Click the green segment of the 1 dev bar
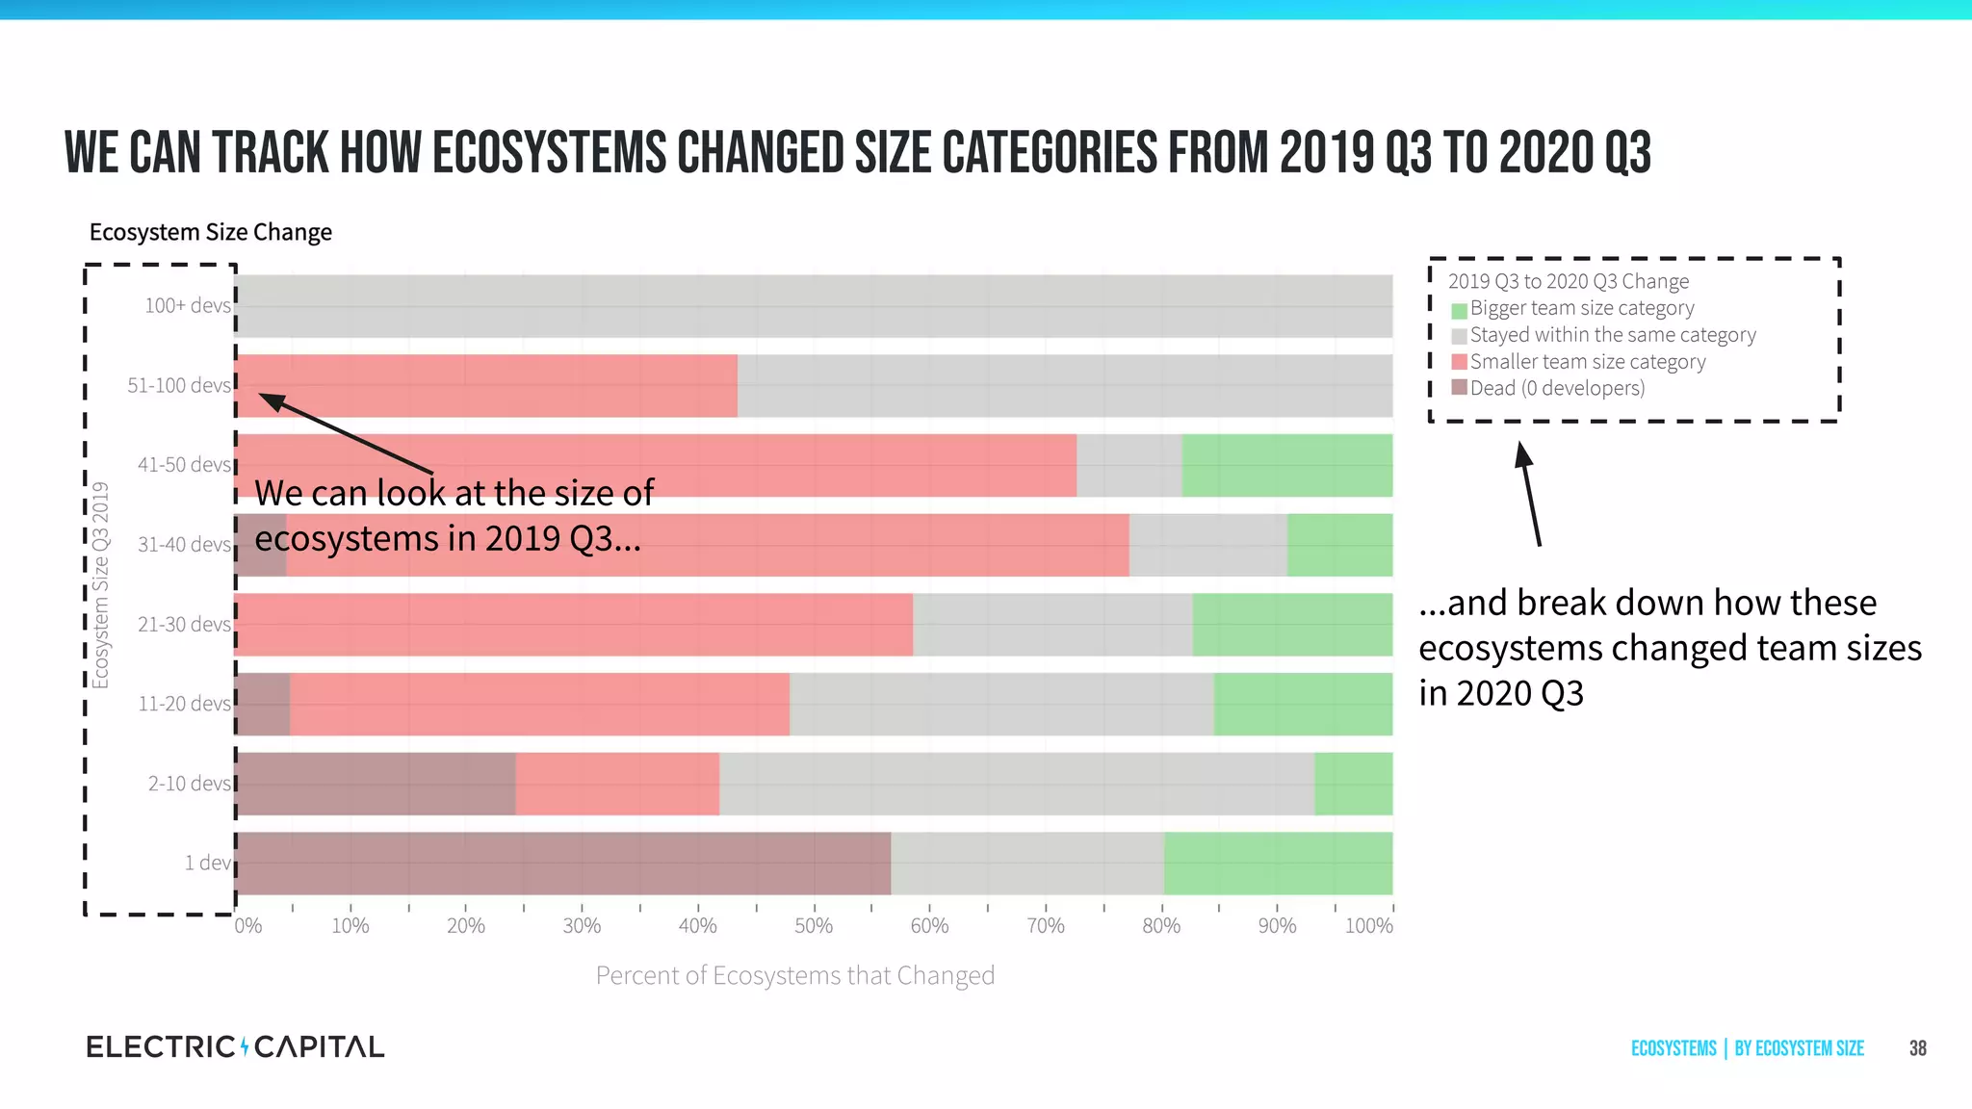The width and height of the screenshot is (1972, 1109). tap(1278, 864)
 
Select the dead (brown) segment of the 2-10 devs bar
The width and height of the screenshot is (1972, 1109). tap(376, 784)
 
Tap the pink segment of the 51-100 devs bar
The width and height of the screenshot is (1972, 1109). tap(486, 386)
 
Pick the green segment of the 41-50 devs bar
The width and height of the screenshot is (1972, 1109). tap(1286, 466)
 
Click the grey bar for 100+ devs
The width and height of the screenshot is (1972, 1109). tap(814, 306)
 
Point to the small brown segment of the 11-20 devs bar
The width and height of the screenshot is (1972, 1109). tap(263, 705)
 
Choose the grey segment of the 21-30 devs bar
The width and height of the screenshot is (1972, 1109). tap(1052, 625)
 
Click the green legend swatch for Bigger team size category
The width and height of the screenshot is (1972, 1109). tap(1459, 310)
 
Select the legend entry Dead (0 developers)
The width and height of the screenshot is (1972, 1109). tap(1557, 388)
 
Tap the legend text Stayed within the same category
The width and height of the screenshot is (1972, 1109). tap(1613, 335)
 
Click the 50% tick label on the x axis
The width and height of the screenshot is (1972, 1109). tap(814, 926)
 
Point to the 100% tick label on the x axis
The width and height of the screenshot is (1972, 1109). tap(1368, 926)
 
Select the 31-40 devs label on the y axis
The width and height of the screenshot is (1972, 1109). tap(184, 545)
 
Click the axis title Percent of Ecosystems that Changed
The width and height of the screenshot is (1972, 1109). tap(794, 976)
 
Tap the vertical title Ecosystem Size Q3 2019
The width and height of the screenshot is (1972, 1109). tap(100, 585)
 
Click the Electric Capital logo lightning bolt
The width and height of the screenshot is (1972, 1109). tap(245, 1046)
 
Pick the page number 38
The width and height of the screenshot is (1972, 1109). tap(1917, 1048)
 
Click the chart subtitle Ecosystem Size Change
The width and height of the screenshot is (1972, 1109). tap(210, 232)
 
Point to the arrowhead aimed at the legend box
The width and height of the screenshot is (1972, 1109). tap(1522, 452)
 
